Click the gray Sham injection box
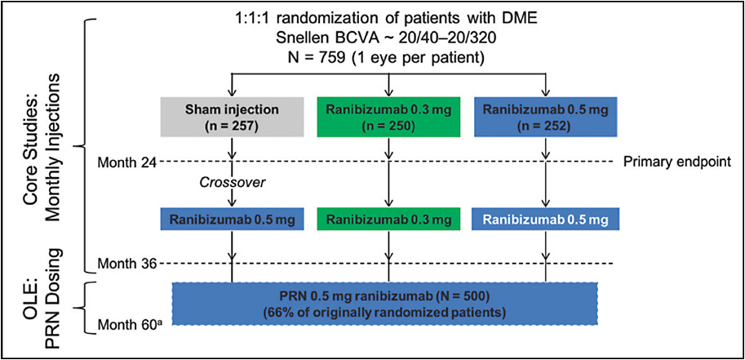(234, 116)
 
